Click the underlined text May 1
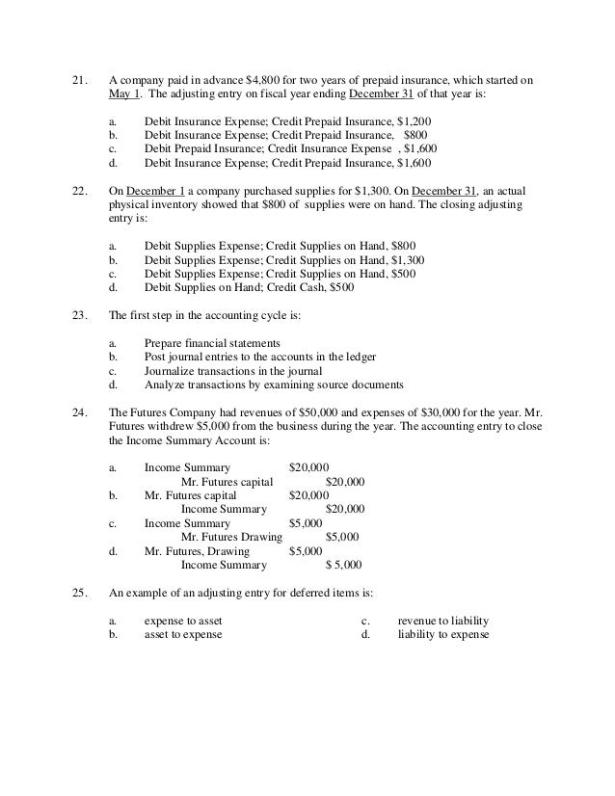pos(122,93)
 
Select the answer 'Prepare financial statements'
pos(212,343)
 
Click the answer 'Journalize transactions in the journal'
pos(233,371)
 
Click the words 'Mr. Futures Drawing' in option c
pos(231,537)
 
